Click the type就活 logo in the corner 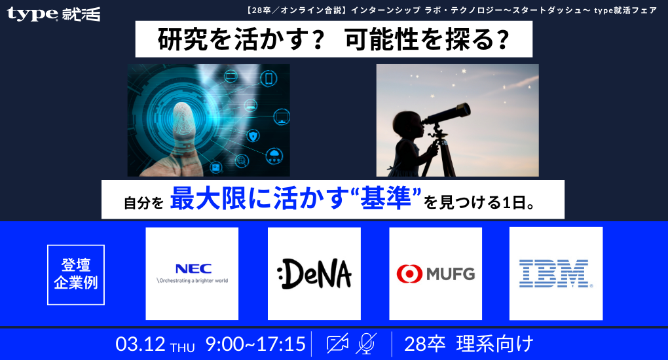pos(54,14)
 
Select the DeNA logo pos(314,274)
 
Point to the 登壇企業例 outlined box pos(76,274)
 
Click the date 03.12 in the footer pos(140,344)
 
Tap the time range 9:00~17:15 pos(255,344)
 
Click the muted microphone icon pos(367,344)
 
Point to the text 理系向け pos(495,344)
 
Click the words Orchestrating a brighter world pos(192,280)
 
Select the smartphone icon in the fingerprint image pos(268,79)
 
